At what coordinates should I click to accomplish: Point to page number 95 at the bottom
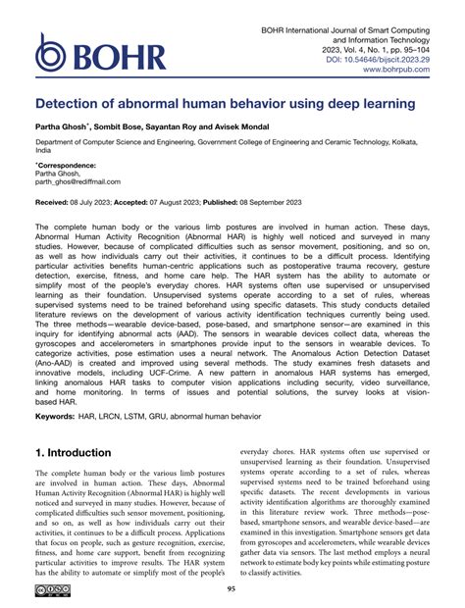tap(232, 588)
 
